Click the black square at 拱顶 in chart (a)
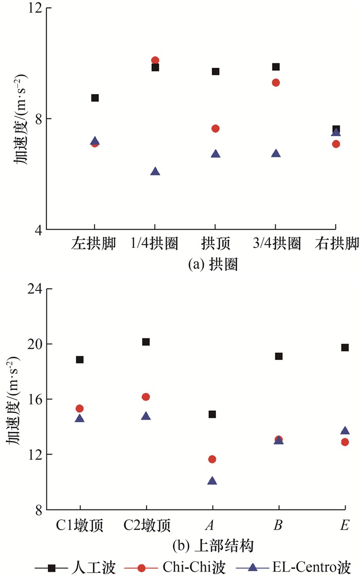coord(215,71)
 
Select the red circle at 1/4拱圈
coord(155,61)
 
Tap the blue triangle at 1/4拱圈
coord(155,172)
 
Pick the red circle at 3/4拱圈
coord(276,83)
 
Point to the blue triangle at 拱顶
coord(215,154)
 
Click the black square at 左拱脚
coord(95,98)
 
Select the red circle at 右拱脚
coord(336,144)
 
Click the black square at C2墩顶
coord(146,342)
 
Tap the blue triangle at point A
coord(212,481)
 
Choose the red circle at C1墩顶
coord(80,408)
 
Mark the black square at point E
coord(345,348)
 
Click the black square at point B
coord(279,356)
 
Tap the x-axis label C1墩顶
coord(80,525)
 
